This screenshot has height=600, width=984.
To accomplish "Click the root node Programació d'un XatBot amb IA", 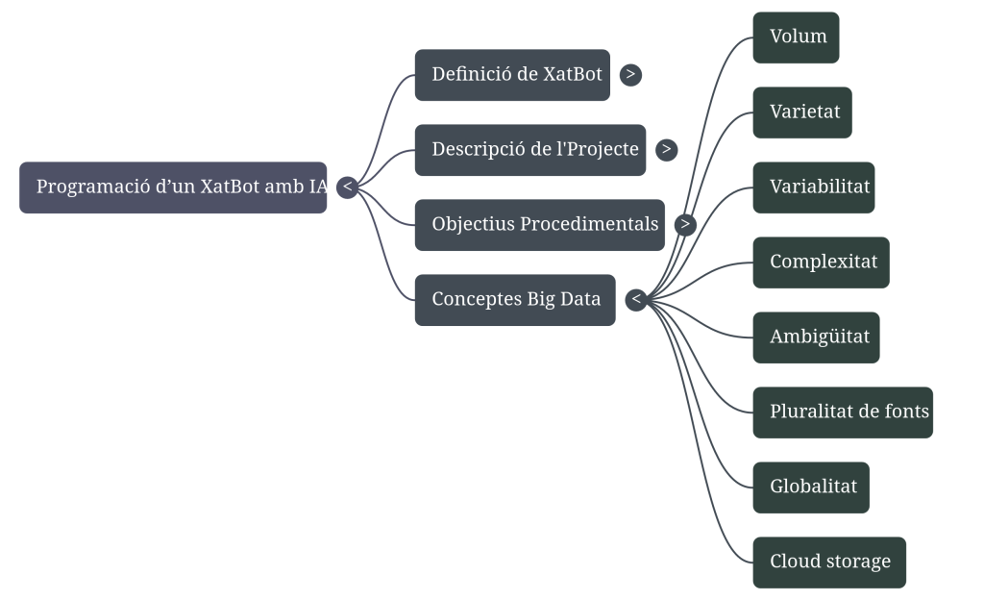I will point(173,187).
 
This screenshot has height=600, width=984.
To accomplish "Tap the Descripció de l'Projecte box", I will point(530,150).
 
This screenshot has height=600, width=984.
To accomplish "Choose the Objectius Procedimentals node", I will point(539,225).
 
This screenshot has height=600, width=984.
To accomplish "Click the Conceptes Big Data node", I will point(515,300).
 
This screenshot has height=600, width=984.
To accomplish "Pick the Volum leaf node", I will point(796,37).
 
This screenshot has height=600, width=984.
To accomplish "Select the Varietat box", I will point(802,112).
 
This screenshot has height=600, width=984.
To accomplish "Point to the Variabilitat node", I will point(814,187).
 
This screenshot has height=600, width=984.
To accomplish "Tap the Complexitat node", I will point(822,262).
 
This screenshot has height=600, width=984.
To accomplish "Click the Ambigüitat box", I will point(816,337).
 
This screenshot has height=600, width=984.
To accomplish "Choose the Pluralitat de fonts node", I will point(843,412).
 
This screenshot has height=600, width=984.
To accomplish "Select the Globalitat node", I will point(811,487).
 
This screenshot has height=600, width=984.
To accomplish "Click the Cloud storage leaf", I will point(829,562).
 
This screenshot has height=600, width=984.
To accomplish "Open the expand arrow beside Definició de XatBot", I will point(630,75).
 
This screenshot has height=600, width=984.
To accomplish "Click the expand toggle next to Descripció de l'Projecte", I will point(667,150).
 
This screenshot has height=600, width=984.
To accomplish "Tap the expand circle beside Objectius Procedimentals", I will point(684,225).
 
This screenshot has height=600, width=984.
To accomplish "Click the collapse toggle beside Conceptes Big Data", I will point(636,300).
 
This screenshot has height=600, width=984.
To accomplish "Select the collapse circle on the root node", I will point(348,187).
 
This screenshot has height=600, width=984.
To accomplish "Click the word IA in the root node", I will point(319,187).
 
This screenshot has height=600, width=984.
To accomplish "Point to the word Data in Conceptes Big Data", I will point(579,300).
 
